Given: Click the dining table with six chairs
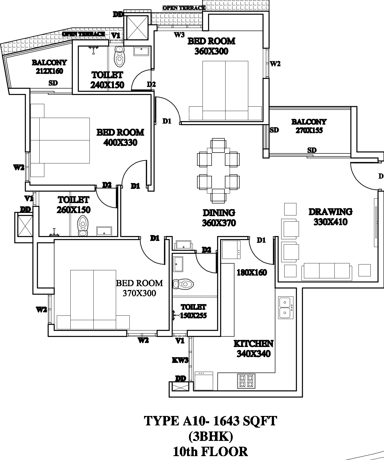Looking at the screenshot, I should tap(218, 170).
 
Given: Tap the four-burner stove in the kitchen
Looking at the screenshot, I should tap(246, 381).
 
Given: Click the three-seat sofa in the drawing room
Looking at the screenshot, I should tap(327, 271).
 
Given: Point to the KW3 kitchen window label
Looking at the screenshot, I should tap(180, 360).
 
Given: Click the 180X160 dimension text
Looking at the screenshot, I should tap(252, 273).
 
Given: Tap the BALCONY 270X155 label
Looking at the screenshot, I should tap(309, 126).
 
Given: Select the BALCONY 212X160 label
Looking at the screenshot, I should tap(49, 67).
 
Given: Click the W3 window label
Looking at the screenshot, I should tap(179, 35).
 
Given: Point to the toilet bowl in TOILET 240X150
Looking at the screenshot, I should tap(119, 56).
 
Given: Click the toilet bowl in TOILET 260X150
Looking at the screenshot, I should tap(82, 225).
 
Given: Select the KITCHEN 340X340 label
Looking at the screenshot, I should tap(254, 349).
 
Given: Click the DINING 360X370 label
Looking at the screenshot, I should tap(219, 218).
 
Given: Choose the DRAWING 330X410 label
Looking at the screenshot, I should tap(331, 217).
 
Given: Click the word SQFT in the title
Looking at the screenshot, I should tap(259, 421).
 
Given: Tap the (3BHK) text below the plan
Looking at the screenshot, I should tap(211, 436).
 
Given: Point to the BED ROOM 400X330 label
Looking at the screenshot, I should tap(120, 137).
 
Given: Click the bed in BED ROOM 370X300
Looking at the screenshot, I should tap(93, 299).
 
